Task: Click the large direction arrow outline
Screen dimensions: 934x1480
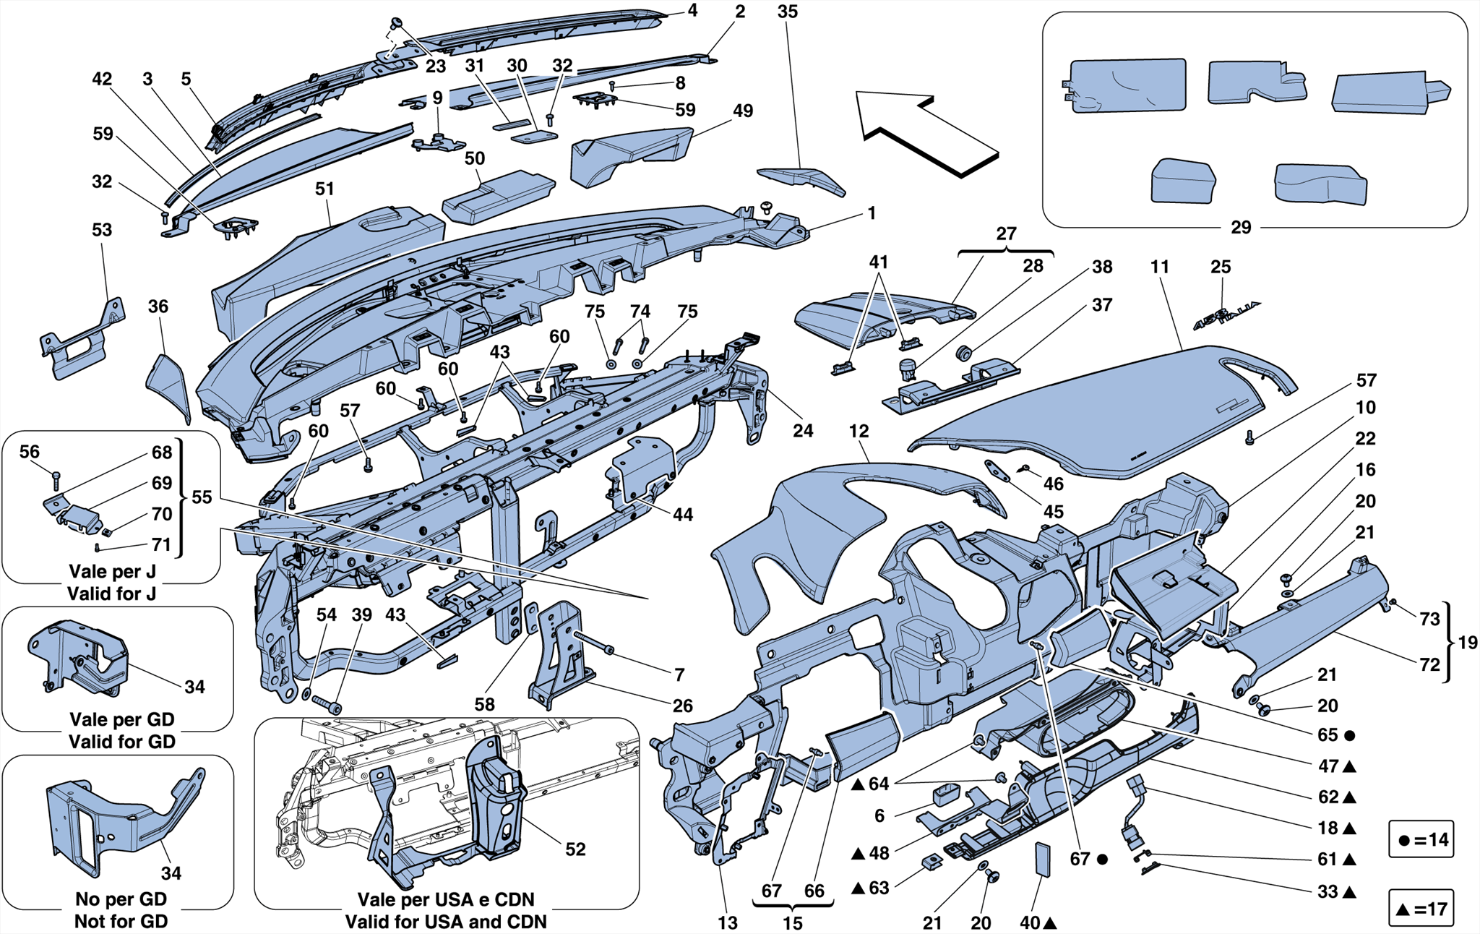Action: click(925, 134)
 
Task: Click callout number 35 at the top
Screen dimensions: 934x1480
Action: click(788, 12)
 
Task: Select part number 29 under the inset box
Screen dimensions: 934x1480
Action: click(1240, 228)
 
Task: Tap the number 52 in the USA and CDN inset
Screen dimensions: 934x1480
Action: click(575, 849)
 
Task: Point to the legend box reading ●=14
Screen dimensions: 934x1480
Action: click(1421, 839)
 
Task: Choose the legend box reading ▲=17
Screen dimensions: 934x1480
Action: click(1421, 908)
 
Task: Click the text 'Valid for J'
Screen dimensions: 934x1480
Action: click(111, 594)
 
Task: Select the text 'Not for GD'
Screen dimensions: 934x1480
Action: click(121, 922)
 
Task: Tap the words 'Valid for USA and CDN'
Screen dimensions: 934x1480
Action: click(446, 922)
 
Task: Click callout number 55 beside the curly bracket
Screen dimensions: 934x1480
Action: click(202, 497)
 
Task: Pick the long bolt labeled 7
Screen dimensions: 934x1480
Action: click(593, 643)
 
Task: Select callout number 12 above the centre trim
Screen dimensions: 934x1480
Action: click(859, 432)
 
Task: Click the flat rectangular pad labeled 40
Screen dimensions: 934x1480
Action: click(1042, 858)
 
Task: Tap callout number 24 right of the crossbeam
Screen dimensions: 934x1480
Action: click(803, 431)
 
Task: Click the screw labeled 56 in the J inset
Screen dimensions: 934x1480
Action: click(56, 479)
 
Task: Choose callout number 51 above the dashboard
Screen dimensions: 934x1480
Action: click(324, 189)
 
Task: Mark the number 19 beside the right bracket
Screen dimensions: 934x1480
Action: click(1467, 643)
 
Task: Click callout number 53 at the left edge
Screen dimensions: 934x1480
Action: click(102, 230)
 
